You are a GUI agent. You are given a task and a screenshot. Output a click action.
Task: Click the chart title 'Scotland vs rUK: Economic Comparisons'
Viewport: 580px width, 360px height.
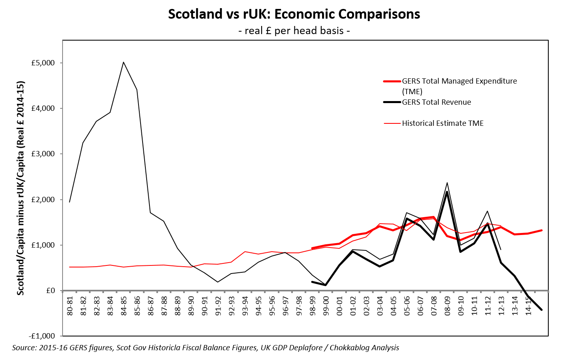294,14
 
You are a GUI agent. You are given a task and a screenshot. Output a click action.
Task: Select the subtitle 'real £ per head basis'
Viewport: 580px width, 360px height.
294,31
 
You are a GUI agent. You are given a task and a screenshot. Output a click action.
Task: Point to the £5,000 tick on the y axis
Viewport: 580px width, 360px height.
43,63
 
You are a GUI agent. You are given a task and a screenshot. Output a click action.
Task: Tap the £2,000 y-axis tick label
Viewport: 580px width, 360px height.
43,200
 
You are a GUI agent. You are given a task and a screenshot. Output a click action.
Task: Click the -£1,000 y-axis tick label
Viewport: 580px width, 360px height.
41,336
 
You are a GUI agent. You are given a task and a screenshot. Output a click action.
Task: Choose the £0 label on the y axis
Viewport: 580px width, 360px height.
50,291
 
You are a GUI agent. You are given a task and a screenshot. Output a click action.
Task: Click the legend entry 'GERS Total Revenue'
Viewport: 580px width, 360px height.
436,102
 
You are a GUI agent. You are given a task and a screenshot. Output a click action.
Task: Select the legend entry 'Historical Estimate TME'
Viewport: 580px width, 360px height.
443,123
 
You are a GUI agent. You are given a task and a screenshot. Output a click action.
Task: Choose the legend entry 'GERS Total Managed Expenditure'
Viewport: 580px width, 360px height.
459,81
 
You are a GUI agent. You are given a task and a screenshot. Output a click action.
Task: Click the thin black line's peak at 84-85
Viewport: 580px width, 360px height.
123,62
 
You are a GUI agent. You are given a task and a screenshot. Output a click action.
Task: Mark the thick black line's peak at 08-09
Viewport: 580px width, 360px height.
447,192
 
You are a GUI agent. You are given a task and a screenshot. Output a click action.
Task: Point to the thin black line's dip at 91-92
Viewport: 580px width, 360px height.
218,282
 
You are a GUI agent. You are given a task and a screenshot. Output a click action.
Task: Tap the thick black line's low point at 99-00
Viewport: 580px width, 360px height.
326,285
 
